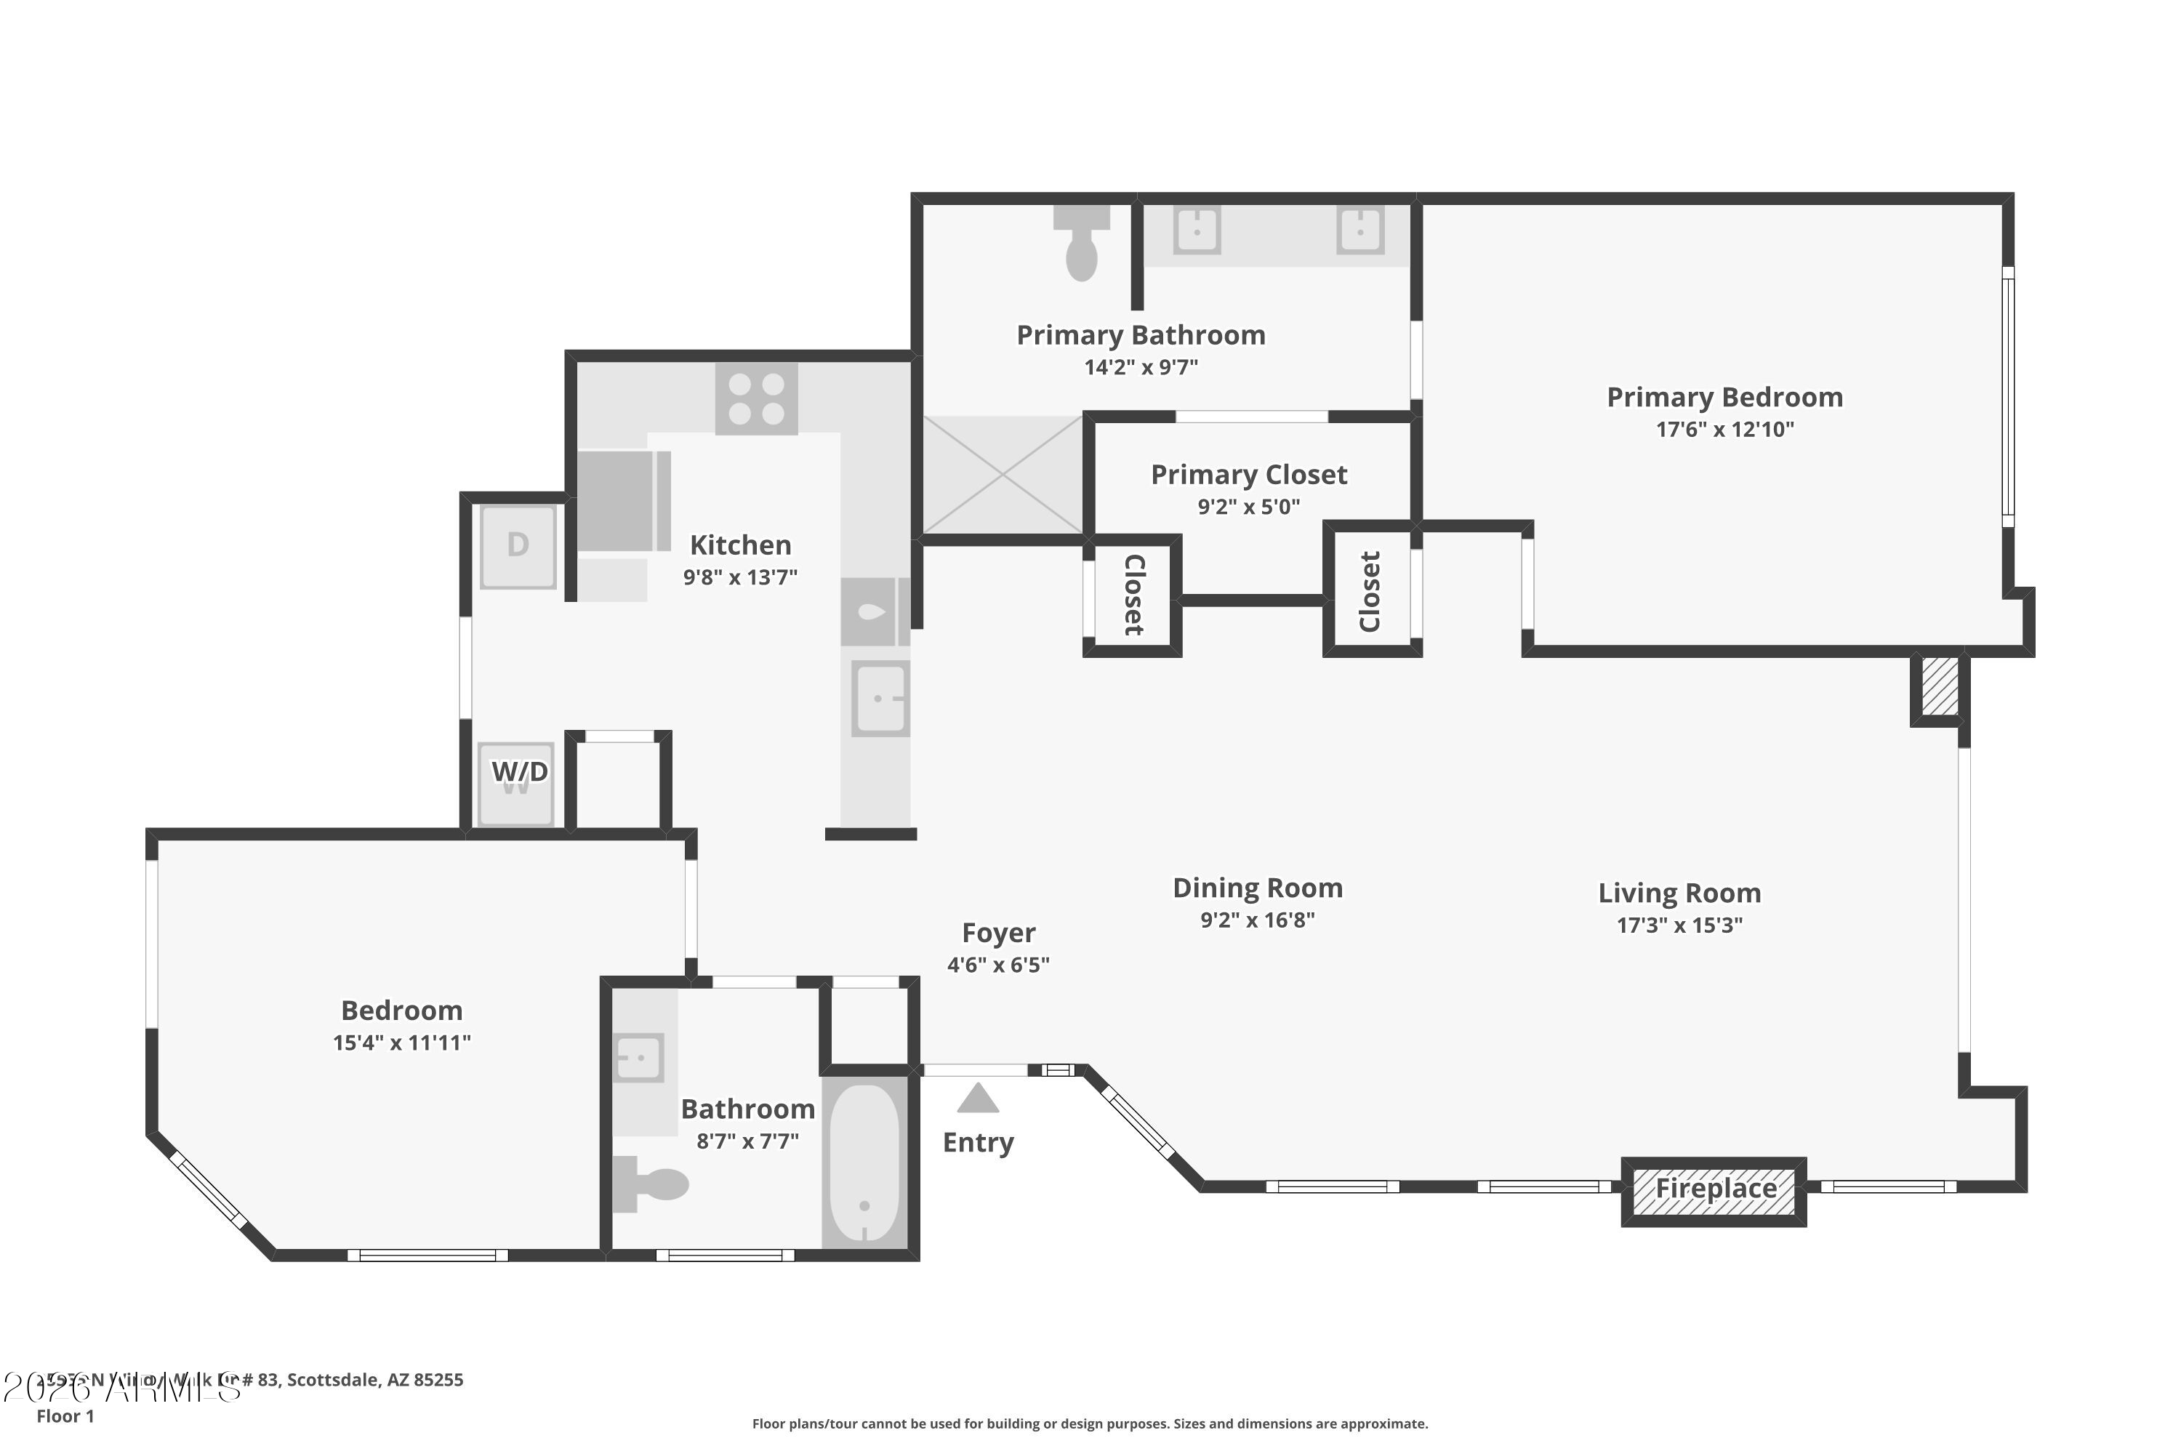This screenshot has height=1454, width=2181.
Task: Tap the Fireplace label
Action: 1716,1188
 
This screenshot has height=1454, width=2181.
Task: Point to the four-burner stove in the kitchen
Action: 756,398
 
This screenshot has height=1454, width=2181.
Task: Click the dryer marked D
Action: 518,545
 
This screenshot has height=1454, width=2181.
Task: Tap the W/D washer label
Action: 518,771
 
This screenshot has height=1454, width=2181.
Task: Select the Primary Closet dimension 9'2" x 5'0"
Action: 1248,506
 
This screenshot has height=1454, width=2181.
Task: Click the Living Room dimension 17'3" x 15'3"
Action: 1679,925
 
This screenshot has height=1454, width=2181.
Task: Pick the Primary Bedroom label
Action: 1724,397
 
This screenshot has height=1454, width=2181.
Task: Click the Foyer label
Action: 997,932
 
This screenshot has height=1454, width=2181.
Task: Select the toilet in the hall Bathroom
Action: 653,1184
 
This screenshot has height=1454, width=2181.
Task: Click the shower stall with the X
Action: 1003,475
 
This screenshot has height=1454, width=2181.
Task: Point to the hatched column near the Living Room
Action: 1939,687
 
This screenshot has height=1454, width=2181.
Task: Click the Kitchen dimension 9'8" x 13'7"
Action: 740,577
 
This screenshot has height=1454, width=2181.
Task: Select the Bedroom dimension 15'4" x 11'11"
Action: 401,1043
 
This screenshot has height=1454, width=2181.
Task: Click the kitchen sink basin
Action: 879,698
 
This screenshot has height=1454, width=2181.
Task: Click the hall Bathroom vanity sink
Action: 638,1057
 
